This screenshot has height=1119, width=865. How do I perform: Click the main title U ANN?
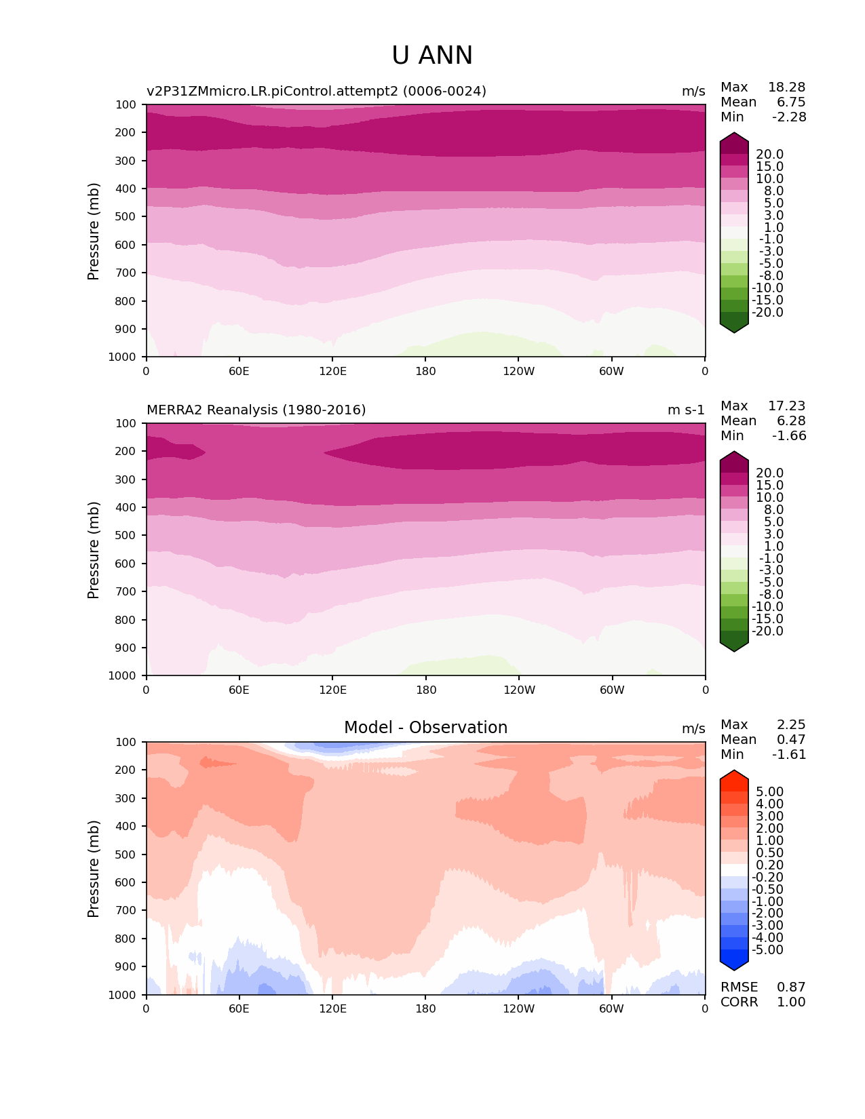coord(432,56)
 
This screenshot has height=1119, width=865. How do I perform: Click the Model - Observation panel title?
coord(425,728)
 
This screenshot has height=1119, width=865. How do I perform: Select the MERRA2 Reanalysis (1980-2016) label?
coord(256,410)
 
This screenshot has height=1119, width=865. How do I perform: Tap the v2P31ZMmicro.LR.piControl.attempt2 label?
coord(316,92)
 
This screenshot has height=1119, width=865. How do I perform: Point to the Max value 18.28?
coord(786,87)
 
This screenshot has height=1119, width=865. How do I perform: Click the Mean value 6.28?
coord(791,421)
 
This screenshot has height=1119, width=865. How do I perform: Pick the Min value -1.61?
coord(789,755)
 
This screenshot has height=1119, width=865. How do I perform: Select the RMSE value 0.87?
coord(791,987)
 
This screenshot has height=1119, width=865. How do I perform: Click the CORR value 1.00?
coord(791,1002)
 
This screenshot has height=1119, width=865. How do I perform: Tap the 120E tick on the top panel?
coord(332,371)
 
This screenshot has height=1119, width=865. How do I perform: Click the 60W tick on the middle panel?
coord(612,690)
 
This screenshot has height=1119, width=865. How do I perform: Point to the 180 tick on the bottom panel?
coord(425,1008)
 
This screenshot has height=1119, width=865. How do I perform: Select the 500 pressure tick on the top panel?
coord(127,217)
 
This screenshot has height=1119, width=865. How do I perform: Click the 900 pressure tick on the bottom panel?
coord(127,967)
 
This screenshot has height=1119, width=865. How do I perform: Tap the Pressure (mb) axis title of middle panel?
coord(94,550)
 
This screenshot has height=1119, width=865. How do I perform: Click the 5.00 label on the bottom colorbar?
coord(769,792)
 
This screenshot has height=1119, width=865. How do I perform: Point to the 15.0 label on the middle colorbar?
coord(769,486)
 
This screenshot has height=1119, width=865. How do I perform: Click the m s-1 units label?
coord(686,410)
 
